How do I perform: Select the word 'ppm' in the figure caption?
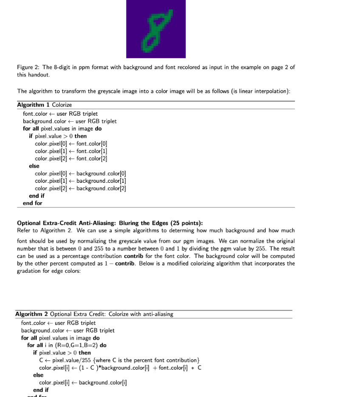click(84, 67)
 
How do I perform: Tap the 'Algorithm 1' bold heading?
click(31, 105)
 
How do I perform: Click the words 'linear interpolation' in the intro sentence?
click(267, 91)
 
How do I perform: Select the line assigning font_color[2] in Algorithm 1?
click(71, 159)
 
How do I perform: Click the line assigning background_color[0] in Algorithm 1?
click(80, 173)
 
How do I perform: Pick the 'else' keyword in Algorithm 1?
click(34, 166)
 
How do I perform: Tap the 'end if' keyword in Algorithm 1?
click(37, 196)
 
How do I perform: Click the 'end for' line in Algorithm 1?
click(33, 203)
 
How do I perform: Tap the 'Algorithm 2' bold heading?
click(31, 314)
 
